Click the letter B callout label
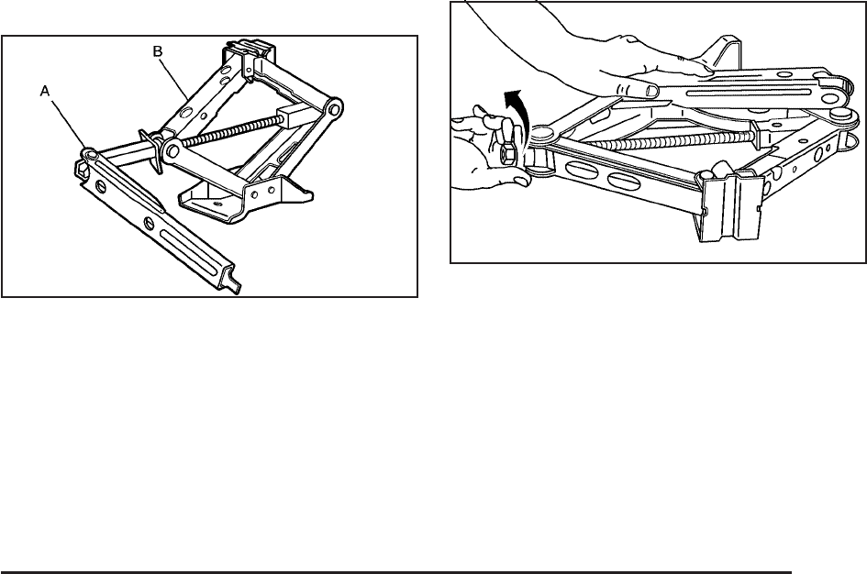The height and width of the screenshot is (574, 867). pyautogui.click(x=157, y=53)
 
